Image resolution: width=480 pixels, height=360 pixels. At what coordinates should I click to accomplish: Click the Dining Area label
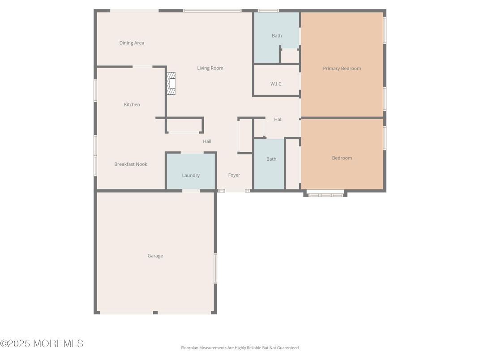pyautogui.click(x=132, y=43)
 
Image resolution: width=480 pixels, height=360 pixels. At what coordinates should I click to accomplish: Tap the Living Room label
pyautogui.click(x=210, y=68)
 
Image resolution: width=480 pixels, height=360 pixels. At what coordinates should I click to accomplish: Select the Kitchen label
pyautogui.click(x=132, y=104)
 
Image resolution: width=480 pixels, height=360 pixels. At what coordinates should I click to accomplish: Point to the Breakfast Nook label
pyautogui.click(x=131, y=164)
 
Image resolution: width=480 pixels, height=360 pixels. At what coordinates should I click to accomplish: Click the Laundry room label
pyautogui.click(x=191, y=176)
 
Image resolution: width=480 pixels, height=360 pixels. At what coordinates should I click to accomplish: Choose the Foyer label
pyautogui.click(x=234, y=175)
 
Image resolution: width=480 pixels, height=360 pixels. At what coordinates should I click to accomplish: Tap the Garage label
pyautogui.click(x=155, y=256)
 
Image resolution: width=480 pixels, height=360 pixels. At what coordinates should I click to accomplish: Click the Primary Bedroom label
pyautogui.click(x=342, y=69)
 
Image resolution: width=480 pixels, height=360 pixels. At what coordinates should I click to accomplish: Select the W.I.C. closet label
pyautogui.click(x=276, y=84)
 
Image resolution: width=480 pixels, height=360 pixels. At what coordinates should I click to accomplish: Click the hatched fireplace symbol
pyautogui.click(x=171, y=83)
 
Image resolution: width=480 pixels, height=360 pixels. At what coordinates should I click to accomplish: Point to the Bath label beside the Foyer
pyautogui.click(x=271, y=159)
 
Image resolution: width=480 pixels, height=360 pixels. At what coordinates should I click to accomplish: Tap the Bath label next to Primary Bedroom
pyautogui.click(x=277, y=36)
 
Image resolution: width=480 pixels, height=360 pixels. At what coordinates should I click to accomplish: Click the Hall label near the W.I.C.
pyautogui.click(x=278, y=120)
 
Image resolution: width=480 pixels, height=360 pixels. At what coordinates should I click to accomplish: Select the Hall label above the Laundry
pyautogui.click(x=207, y=141)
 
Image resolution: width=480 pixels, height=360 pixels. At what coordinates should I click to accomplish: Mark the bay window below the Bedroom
pyautogui.click(x=326, y=194)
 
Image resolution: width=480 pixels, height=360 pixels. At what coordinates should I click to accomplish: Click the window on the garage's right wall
pyautogui.click(x=215, y=268)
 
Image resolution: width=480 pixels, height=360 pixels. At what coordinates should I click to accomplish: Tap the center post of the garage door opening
pyautogui.click(x=155, y=313)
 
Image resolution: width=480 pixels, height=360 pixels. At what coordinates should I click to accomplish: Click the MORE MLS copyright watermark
pyautogui.click(x=42, y=343)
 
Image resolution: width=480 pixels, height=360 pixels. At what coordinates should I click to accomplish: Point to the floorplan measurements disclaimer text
pyautogui.click(x=240, y=348)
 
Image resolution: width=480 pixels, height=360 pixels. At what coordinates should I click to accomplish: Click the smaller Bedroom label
pyautogui.click(x=342, y=158)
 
